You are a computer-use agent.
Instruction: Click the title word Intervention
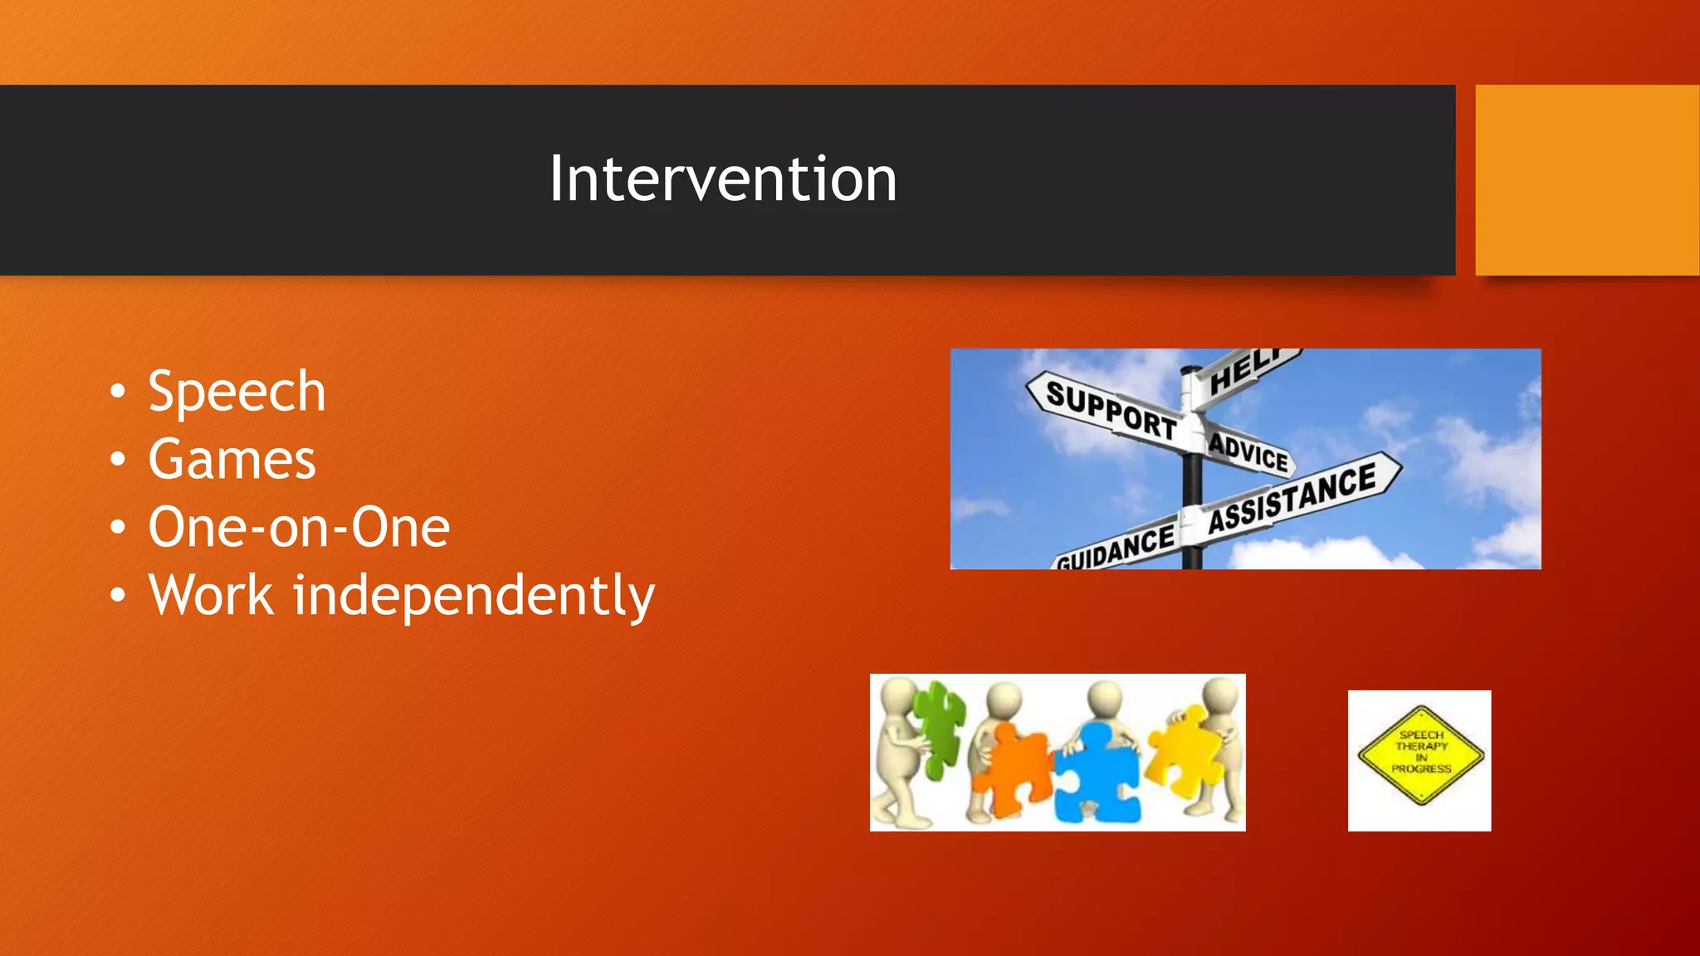[x=723, y=179]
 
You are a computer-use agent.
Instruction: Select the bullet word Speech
[x=237, y=392]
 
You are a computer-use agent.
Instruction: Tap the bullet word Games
[x=232, y=460]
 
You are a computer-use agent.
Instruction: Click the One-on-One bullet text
[x=299, y=528]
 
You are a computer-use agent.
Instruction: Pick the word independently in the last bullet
[x=474, y=596]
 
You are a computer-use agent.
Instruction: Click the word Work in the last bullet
[x=211, y=596]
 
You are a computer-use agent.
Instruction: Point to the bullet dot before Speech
[x=118, y=392]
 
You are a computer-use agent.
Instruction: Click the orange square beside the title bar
[x=1586, y=179]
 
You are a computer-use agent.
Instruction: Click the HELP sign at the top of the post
[x=1245, y=372]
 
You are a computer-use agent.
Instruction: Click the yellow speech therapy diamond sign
[x=1420, y=754]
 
